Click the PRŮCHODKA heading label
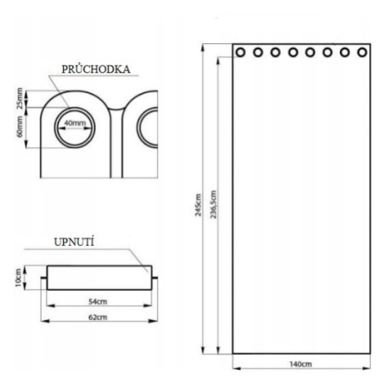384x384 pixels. coord(96,69)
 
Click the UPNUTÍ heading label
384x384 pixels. coord(74,242)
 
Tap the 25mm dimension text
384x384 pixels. coord(20,98)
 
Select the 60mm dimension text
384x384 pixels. coord(20,127)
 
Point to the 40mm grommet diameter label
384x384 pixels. coord(75,123)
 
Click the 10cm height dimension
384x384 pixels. coord(19,278)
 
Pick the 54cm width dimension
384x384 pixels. coord(98,301)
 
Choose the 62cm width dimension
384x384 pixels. coord(98,317)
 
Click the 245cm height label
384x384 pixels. coord(199,205)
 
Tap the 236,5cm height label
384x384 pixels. coord(213,204)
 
